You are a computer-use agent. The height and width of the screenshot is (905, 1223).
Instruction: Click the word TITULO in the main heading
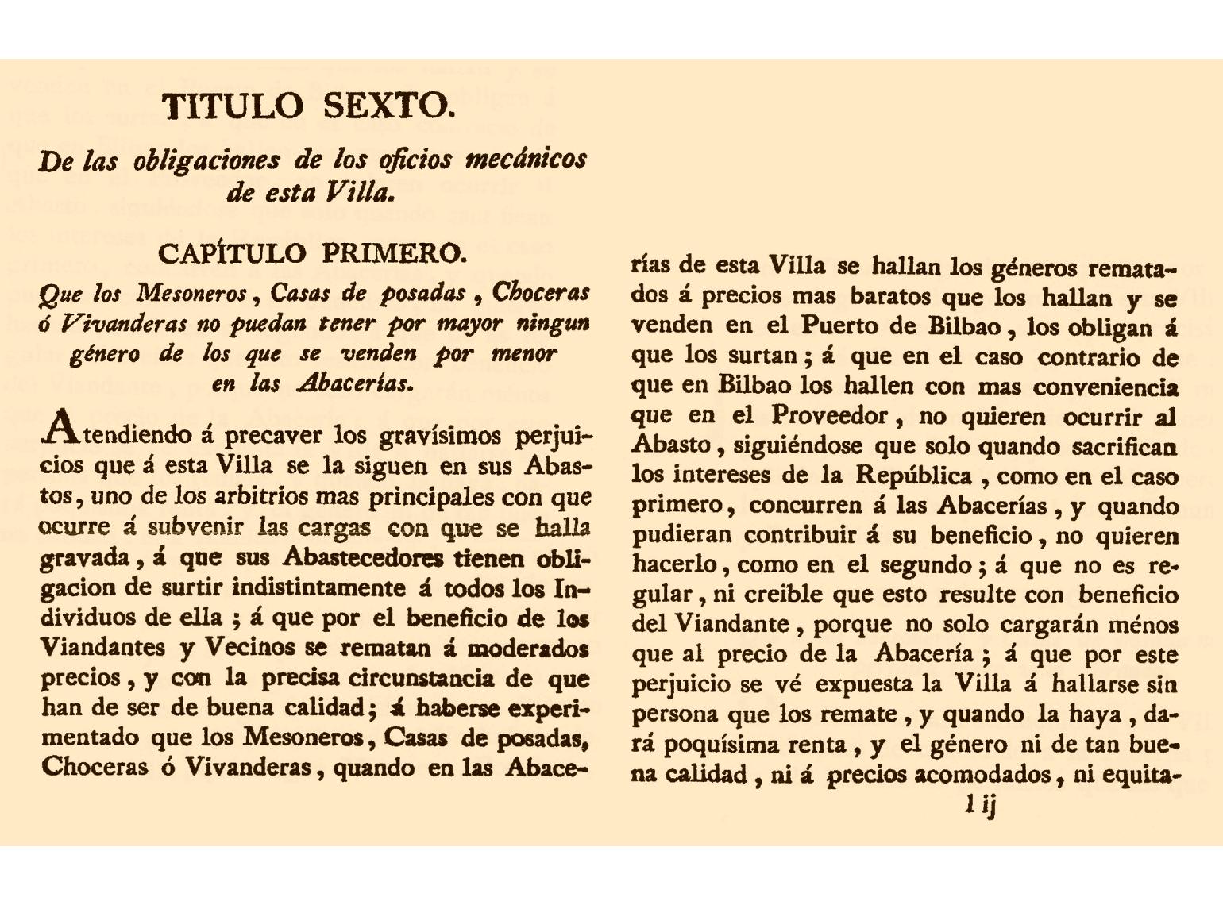233,106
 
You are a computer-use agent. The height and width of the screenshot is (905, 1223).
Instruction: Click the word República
913,476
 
